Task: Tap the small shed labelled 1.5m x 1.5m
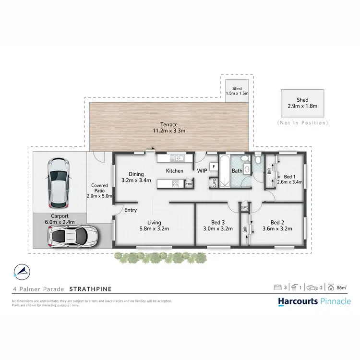(x=237, y=91)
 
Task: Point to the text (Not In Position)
(x=302, y=123)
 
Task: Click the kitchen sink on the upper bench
(x=177, y=158)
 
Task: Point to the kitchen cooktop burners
(x=176, y=183)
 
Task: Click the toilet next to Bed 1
(x=258, y=159)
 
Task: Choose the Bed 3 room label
(x=217, y=225)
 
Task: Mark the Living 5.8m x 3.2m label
(x=154, y=225)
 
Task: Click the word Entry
(x=131, y=210)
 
